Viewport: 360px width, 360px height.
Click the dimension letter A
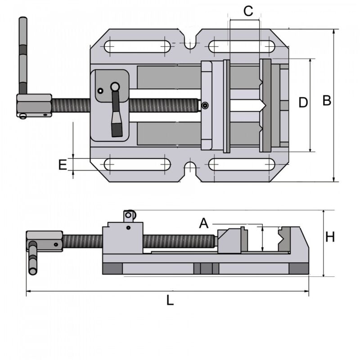click(204, 223)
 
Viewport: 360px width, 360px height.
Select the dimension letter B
click(327, 101)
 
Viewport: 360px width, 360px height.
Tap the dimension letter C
click(248, 11)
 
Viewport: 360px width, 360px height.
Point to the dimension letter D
click(303, 103)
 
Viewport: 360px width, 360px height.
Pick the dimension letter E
click(63, 165)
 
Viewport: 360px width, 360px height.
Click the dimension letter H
click(330, 237)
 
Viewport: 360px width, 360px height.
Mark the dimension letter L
click(170, 301)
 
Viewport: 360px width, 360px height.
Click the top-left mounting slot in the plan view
click(138, 46)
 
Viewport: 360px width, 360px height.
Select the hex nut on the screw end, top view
click(34, 106)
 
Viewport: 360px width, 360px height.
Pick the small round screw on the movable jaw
click(205, 106)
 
